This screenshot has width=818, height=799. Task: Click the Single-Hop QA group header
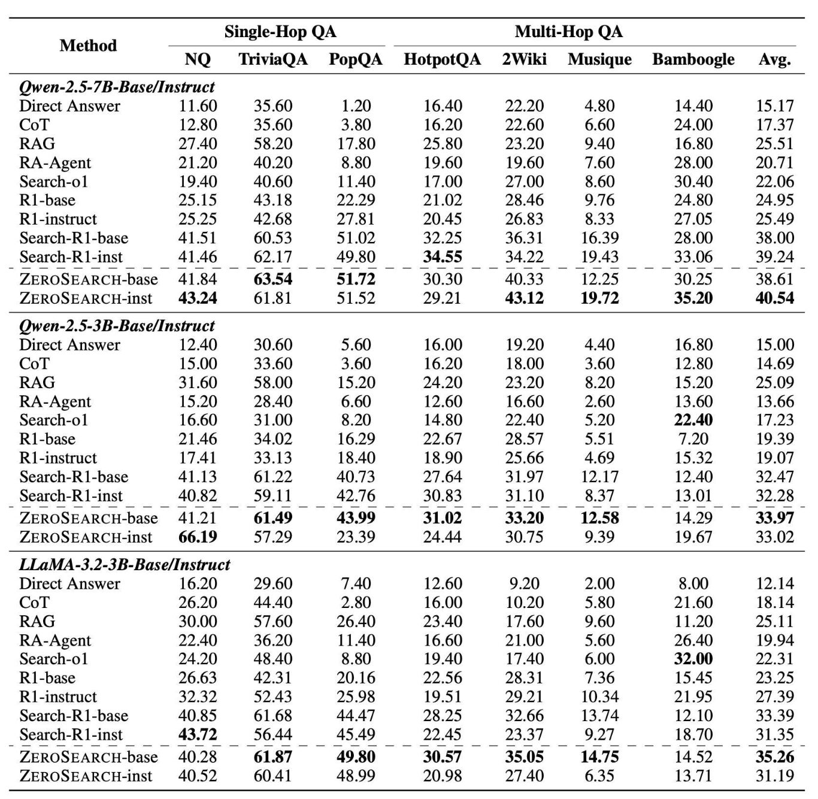click(280, 32)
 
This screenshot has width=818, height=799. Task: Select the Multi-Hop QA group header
click(569, 32)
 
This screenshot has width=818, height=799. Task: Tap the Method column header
click(88, 46)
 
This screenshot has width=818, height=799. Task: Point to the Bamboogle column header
click(693, 59)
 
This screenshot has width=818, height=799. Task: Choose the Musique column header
click(599, 59)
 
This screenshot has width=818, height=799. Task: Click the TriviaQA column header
click(273, 59)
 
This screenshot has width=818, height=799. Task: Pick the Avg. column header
click(775, 59)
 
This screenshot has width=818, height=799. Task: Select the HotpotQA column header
click(442, 59)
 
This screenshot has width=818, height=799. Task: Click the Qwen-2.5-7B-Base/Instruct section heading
click(117, 87)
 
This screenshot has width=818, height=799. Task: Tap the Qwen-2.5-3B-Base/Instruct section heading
click(117, 326)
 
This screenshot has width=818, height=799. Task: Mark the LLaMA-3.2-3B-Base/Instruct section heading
click(125, 565)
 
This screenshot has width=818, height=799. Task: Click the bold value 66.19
click(198, 537)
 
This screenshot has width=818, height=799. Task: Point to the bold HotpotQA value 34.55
click(442, 256)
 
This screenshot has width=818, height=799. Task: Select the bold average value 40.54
click(775, 298)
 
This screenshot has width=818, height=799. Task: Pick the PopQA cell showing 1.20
click(356, 106)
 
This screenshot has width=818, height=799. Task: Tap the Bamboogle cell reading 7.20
click(693, 439)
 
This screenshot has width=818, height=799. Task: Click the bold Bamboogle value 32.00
click(693, 659)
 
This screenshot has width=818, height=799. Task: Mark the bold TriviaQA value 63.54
click(273, 279)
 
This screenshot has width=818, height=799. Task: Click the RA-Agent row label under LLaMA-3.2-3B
click(55, 640)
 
